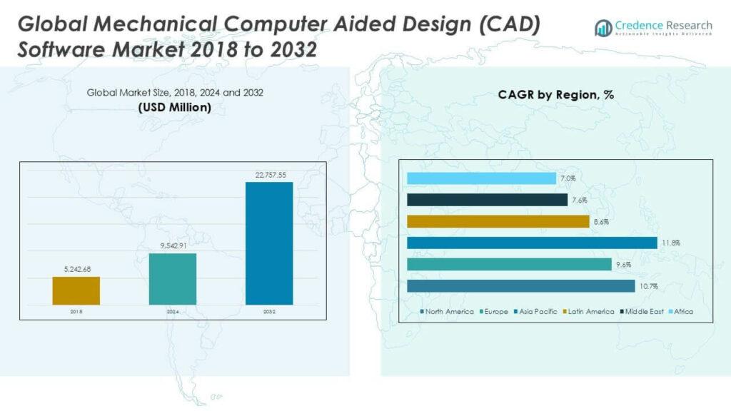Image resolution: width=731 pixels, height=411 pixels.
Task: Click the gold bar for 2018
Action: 76,291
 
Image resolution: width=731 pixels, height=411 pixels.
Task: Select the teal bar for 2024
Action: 173,279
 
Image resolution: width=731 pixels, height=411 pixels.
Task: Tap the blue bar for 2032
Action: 268,243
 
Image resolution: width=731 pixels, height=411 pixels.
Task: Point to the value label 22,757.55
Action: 268,175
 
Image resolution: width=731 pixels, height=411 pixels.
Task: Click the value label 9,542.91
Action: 173,246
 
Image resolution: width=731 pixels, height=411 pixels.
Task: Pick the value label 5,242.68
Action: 76,270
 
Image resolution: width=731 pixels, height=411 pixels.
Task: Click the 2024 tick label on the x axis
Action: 173,312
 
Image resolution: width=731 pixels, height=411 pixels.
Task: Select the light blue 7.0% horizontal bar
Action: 481,178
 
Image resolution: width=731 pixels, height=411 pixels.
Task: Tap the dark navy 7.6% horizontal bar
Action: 487,200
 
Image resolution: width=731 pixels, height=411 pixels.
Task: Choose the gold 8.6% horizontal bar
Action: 498,221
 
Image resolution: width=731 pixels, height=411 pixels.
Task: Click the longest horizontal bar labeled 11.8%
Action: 532,243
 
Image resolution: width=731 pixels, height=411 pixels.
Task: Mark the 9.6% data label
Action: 623,265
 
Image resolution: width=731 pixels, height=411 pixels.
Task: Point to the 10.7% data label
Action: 647,286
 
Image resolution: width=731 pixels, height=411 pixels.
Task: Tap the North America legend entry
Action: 449,312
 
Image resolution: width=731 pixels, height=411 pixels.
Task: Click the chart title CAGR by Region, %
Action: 555,95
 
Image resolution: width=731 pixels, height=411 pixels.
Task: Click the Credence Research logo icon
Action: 603,28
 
